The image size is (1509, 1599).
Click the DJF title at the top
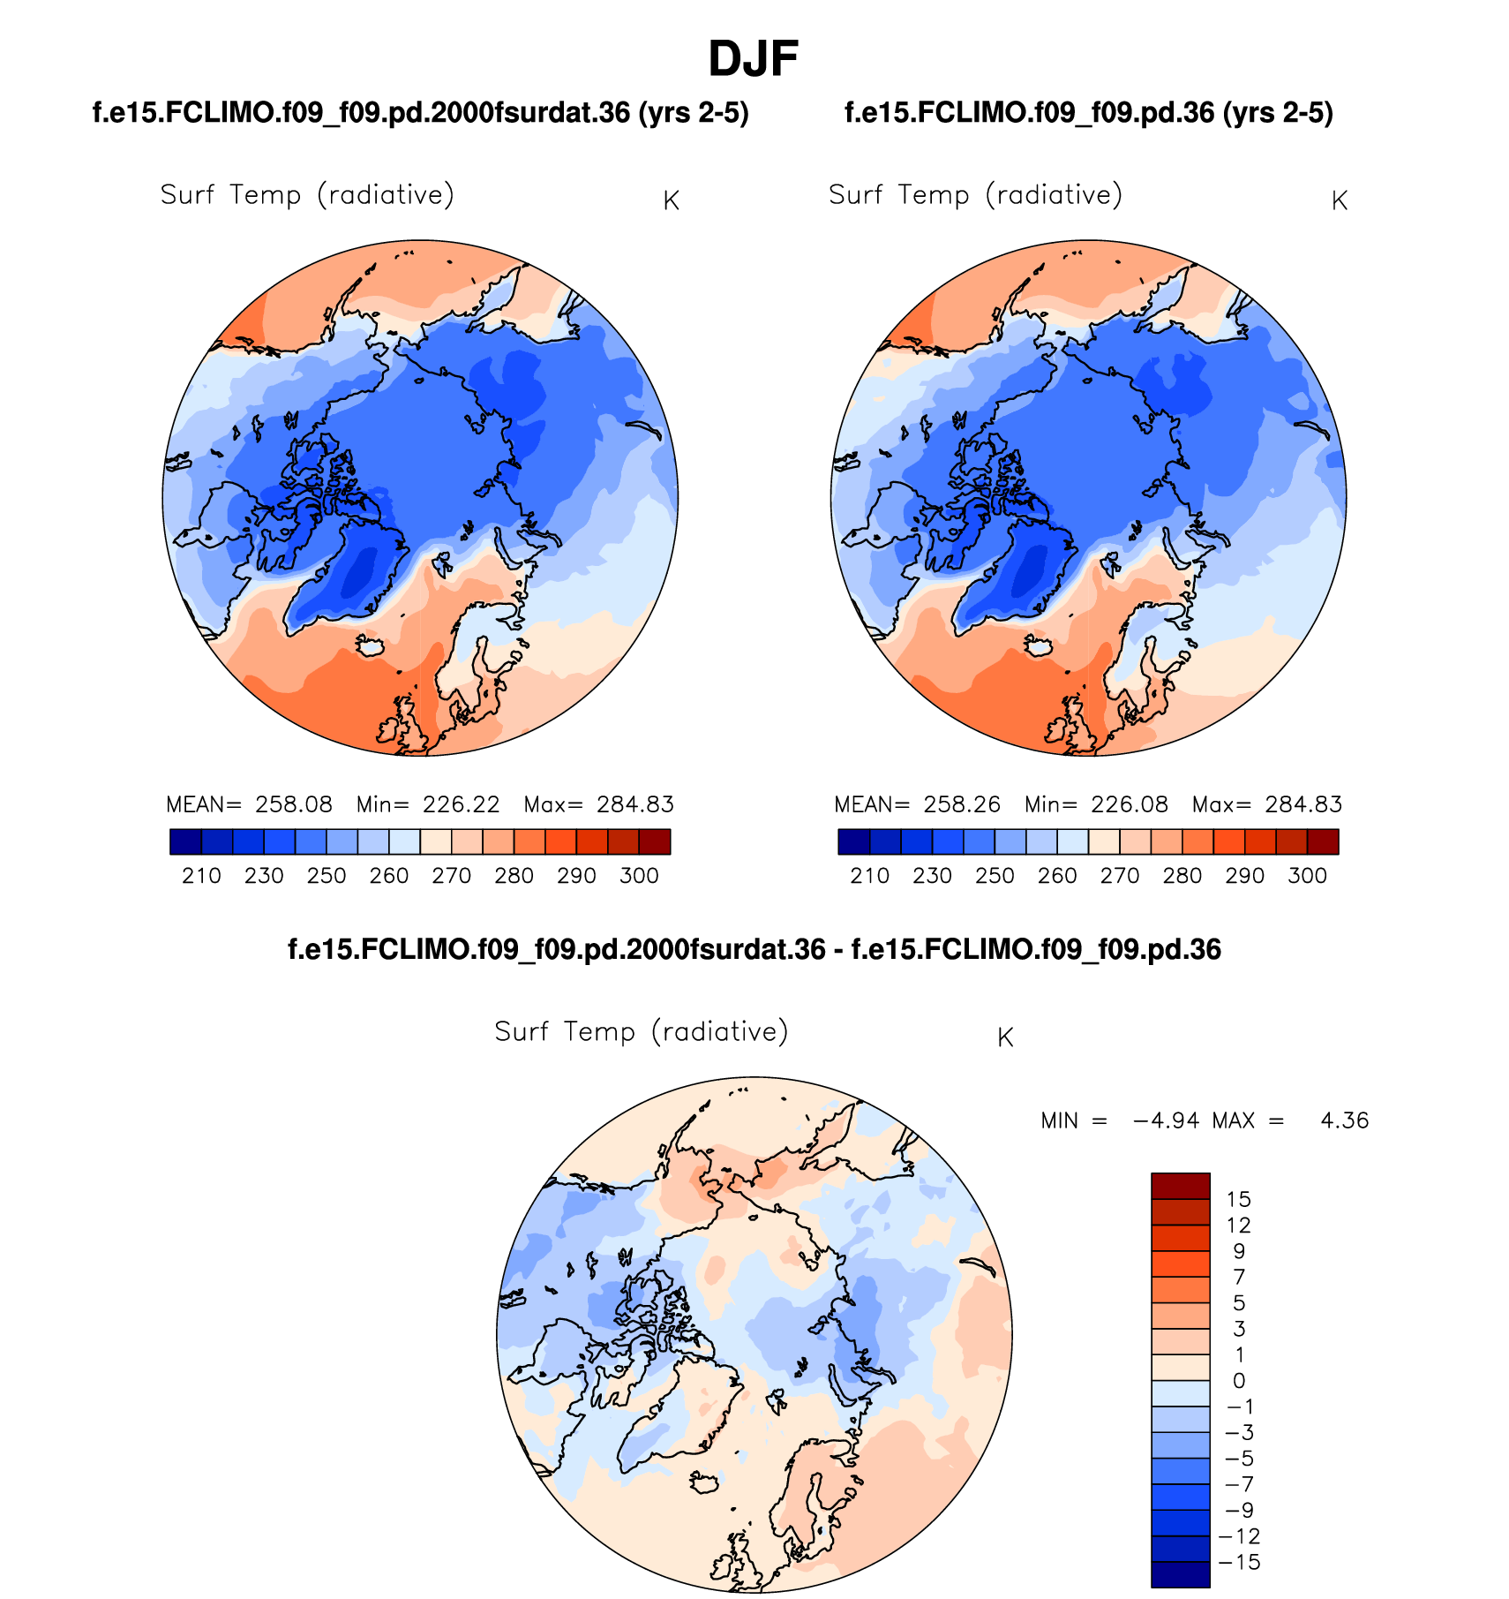(x=753, y=59)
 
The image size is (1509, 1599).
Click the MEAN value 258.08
(x=294, y=804)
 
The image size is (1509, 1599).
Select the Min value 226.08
(x=1129, y=804)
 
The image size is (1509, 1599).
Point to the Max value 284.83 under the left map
(x=634, y=804)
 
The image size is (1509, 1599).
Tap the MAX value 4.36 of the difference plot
(x=1344, y=1120)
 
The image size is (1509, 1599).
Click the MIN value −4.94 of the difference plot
(x=1166, y=1120)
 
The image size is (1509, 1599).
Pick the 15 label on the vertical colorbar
(x=1238, y=1199)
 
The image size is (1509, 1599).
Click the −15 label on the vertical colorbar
(x=1239, y=1562)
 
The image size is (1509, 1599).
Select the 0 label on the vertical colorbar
(x=1239, y=1381)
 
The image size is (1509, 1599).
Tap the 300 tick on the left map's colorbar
(x=639, y=875)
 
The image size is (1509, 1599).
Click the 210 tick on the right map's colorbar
(x=869, y=875)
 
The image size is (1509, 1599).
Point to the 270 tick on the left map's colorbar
(x=452, y=875)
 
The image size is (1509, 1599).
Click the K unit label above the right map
(x=1339, y=201)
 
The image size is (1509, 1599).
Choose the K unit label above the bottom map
(x=1005, y=1037)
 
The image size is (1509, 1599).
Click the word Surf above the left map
(x=187, y=194)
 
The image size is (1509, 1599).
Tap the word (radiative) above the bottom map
(x=720, y=1031)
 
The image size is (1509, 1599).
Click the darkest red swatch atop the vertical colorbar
(x=1180, y=1186)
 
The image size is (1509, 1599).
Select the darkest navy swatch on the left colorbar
(x=185, y=841)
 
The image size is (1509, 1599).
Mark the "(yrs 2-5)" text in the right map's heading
(x=1278, y=113)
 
